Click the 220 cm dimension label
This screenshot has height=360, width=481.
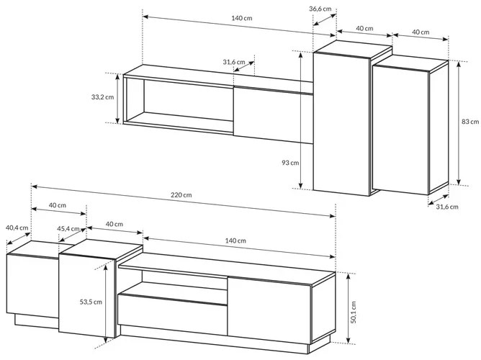coord(181,194)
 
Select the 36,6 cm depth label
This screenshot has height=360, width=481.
coord(320,9)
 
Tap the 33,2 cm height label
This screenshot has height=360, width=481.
coord(102,97)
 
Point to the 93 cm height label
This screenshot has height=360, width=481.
coord(290,163)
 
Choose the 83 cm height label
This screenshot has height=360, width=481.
coord(470,122)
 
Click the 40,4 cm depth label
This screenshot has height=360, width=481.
coord(17,228)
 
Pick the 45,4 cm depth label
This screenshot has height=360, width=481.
coord(68,229)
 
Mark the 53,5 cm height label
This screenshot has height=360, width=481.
coord(91,302)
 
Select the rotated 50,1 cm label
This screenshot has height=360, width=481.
coord(354,312)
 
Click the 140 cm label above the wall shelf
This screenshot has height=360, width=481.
coord(242,18)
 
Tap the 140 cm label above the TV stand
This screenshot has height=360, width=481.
coord(235,240)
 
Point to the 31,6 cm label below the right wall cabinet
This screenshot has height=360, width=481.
coord(447,207)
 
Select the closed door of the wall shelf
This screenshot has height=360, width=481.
coord(273,115)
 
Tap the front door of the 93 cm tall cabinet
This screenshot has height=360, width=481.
coord(341,124)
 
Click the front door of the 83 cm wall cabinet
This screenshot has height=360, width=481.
coord(401,130)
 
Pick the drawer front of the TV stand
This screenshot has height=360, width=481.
coord(172,315)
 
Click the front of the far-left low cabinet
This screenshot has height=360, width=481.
coord(32,286)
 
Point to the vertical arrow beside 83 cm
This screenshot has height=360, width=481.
coord(458,123)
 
